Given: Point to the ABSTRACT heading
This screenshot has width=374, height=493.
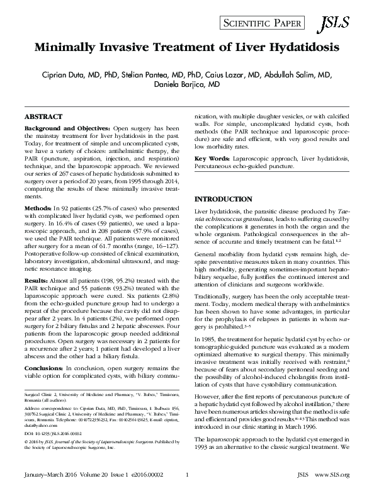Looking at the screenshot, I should coord(43,117).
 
